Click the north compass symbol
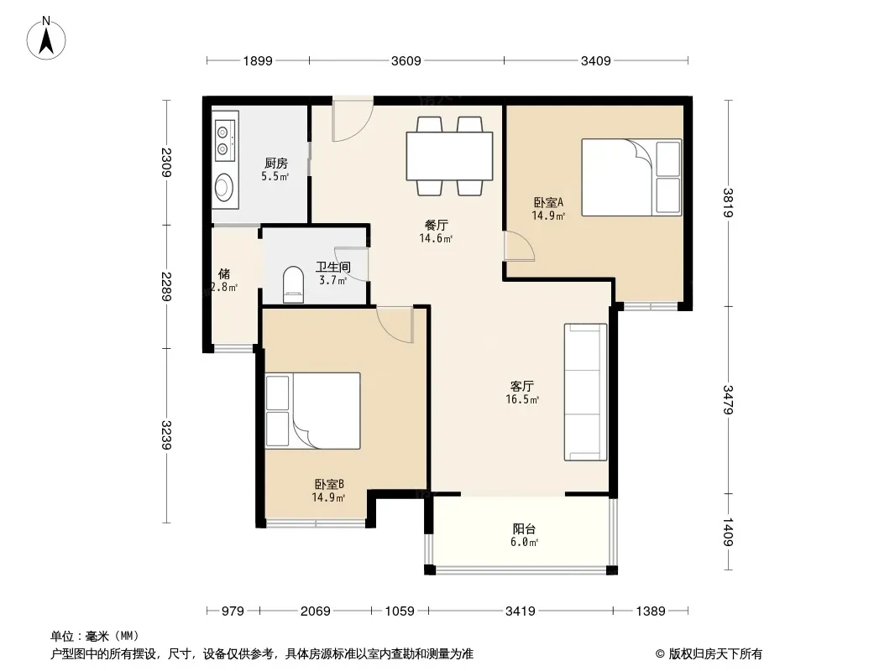coord(46,39)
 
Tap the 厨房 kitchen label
coord(275,164)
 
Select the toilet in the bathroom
coord(293,283)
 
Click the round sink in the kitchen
coord(223,187)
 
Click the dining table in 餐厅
coord(449,156)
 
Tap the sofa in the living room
coord(586,392)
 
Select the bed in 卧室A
coord(631,177)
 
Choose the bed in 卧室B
coord(312,410)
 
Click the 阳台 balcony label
coord(524,528)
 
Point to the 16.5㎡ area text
coord(522,399)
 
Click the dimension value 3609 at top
coord(406,60)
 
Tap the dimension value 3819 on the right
coord(727,202)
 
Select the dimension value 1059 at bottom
coord(400,611)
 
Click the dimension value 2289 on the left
coord(166,287)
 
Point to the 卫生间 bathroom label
coord(333,267)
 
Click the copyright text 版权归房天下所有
coord(715,654)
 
